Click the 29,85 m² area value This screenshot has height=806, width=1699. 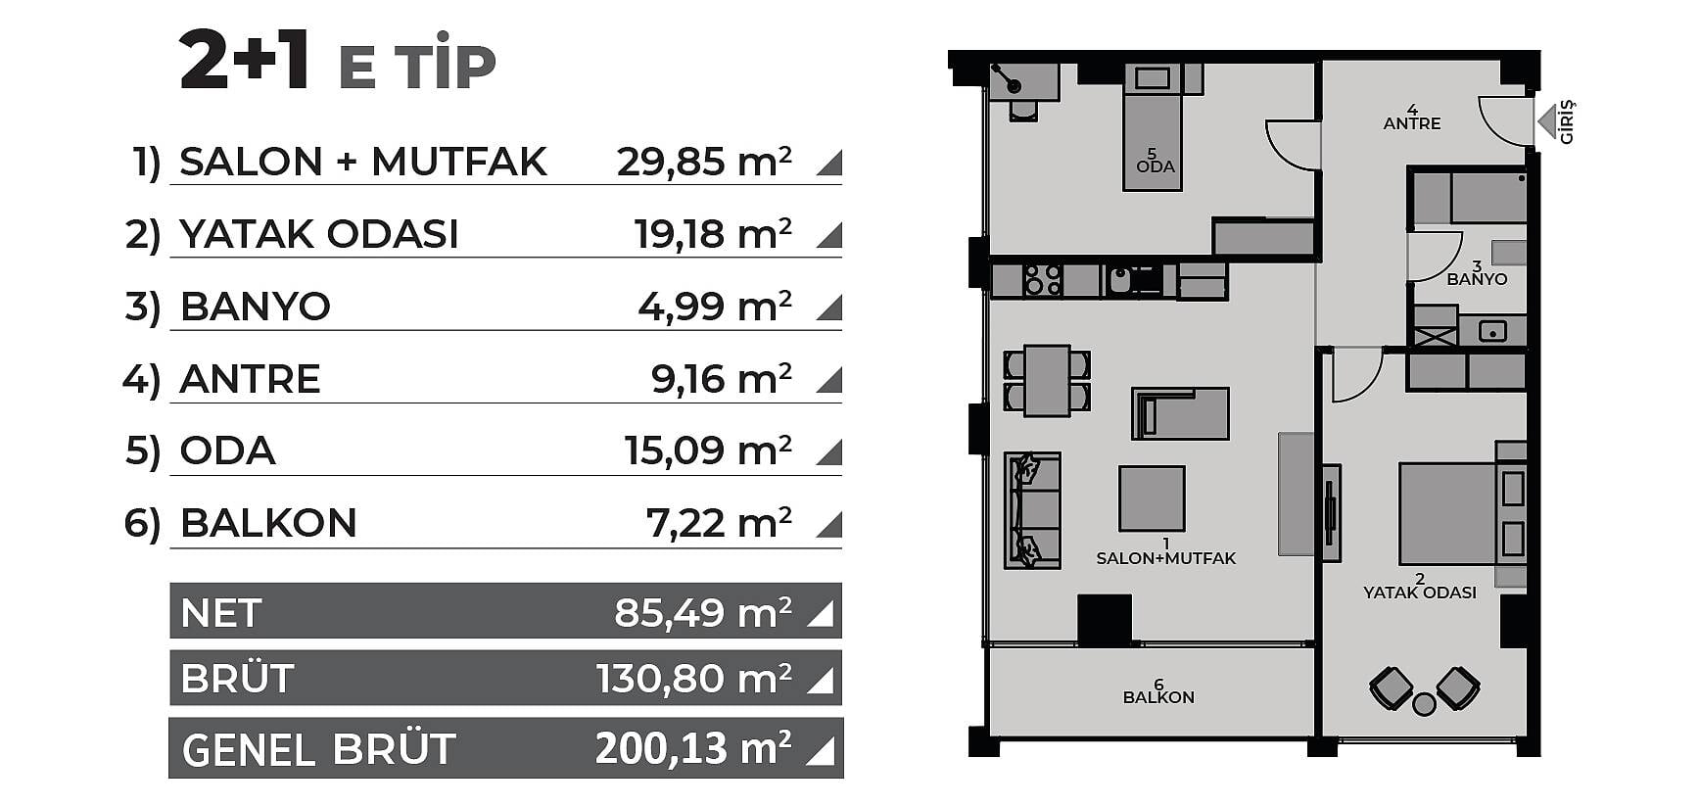click(x=704, y=162)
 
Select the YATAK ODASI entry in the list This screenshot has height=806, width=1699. click(x=319, y=234)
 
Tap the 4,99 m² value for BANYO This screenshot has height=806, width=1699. click(x=715, y=307)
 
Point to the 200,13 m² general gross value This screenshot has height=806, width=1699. click(x=693, y=749)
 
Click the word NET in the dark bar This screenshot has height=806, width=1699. click(x=221, y=613)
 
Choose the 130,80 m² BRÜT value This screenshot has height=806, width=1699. click(x=694, y=679)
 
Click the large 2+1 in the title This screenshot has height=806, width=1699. click(x=246, y=62)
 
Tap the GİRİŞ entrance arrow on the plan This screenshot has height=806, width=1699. click(x=1547, y=122)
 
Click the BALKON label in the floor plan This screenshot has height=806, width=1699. click(x=1158, y=697)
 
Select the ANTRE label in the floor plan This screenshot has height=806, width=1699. click(x=1412, y=123)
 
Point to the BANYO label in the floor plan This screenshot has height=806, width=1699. click(x=1477, y=279)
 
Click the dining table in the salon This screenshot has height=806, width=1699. click(x=1047, y=381)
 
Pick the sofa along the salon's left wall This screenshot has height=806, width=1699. click(x=1032, y=510)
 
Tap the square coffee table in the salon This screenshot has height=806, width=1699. click(x=1152, y=498)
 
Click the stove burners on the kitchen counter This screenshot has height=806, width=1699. click(x=1042, y=280)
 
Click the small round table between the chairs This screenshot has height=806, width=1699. click(x=1425, y=704)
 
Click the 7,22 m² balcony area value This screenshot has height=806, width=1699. click(x=719, y=523)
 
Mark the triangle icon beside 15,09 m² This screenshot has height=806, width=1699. click(x=830, y=452)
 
